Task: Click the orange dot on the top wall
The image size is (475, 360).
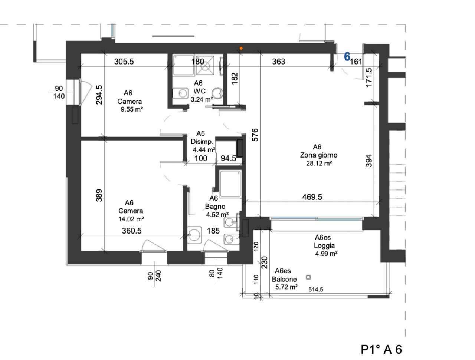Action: [x=241, y=49]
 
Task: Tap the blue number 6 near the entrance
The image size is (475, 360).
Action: [x=347, y=57]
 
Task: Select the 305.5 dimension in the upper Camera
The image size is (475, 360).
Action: [x=124, y=62]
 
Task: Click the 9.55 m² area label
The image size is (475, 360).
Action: [x=132, y=109]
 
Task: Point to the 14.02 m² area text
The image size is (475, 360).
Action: [x=131, y=219]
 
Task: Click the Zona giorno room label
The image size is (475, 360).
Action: [x=318, y=155]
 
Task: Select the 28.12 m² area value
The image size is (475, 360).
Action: [x=319, y=163]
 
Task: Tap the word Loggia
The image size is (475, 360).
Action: [x=324, y=245]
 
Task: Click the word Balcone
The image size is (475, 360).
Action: [x=284, y=279]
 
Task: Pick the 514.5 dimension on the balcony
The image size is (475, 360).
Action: [x=316, y=289]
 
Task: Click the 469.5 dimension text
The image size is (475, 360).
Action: [x=312, y=197]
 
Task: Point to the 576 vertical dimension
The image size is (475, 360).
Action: [x=255, y=135]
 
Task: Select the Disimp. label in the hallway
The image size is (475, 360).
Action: [x=202, y=142]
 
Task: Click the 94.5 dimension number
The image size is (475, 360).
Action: [x=228, y=158]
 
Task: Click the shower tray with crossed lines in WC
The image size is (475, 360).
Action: [x=205, y=66]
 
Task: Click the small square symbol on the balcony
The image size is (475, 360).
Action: [x=308, y=277]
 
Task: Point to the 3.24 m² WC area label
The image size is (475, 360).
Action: [x=202, y=99]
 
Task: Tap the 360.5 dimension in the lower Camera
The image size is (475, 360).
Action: [x=132, y=231]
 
